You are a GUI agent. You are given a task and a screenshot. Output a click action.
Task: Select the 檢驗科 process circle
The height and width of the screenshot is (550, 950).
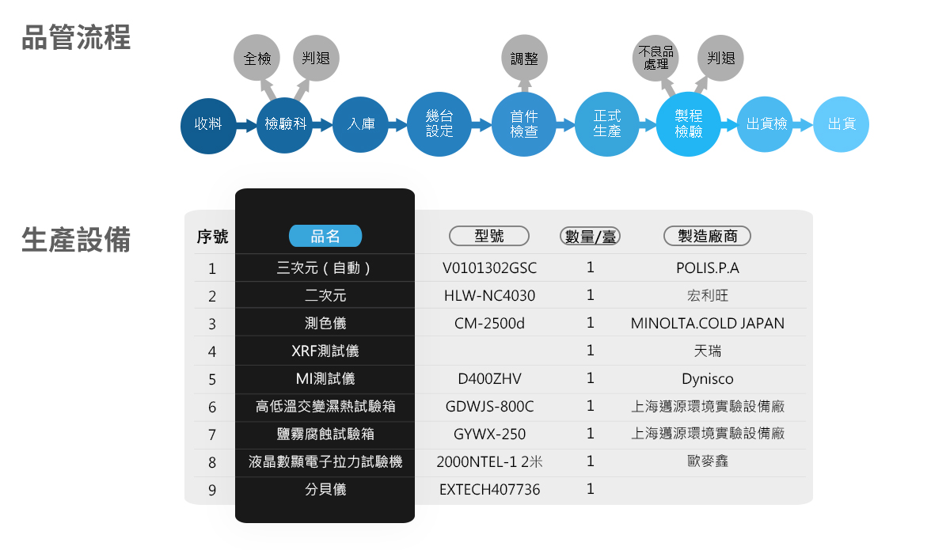pos(284,125)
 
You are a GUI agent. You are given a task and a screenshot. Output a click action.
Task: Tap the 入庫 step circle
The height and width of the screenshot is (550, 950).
pos(360,125)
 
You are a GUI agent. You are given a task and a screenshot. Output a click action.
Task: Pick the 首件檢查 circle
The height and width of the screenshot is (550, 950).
pos(524,124)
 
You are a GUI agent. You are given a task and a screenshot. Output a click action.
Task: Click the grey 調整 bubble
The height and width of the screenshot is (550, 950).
pos(524,58)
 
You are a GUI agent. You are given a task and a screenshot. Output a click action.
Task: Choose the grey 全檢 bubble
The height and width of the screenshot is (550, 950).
pos(256,58)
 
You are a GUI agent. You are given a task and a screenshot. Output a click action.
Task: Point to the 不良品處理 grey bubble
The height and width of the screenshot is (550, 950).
pos(655,58)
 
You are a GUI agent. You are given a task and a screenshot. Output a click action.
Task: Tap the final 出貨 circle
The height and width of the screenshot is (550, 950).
pos(842,124)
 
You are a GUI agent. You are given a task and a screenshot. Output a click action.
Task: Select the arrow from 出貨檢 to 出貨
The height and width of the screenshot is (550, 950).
pos(803,125)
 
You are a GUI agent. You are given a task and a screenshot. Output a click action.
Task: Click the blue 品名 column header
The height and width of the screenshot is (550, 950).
pos(325,236)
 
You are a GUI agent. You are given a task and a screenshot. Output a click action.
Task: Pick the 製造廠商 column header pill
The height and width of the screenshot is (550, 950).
pos(708,236)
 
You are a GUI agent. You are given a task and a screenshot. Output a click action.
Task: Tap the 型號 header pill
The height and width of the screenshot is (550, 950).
pos(489,236)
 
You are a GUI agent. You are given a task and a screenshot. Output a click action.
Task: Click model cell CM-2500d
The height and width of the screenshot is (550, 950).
pos(489,324)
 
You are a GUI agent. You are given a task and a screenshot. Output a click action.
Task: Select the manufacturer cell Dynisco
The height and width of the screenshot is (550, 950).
pos(708,379)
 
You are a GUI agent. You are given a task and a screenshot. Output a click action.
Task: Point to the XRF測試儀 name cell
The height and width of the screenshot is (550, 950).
pos(325,351)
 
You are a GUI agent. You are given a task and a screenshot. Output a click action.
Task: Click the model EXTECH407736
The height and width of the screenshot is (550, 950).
pos(490,490)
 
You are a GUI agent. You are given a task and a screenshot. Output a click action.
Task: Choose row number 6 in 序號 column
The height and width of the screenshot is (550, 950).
pos(212,407)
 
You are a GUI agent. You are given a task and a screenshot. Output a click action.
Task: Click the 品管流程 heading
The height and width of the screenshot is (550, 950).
pos(76,37)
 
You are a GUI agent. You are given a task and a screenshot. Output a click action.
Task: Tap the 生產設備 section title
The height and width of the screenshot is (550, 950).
pos(76,240)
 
